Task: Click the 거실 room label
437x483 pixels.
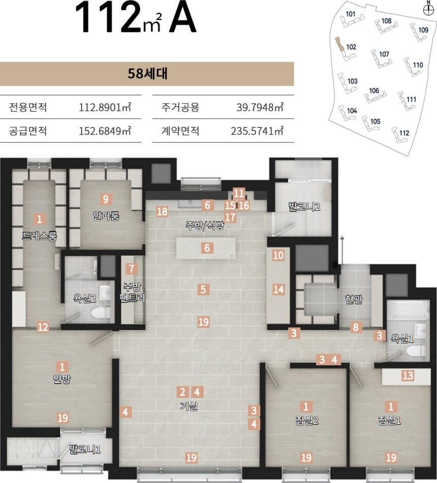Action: (x=189, y=406)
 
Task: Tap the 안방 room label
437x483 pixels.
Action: (x=62, y=379)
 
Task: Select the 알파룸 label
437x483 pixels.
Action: (x=106, y=216)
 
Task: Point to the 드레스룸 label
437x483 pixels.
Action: (x=39, y=236)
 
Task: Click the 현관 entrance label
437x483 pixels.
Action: (x=354, y=299)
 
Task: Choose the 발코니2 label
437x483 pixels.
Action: (x=304, y=206)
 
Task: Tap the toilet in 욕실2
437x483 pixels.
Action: (x=101, y=312)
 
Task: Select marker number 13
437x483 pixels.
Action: (x=408, y=376)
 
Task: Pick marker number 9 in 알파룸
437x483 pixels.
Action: (x=106, y=199)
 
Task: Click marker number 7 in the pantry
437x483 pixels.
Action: (x=132, y=269)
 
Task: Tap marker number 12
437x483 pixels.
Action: (x=43, y=327)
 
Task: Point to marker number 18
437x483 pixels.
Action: (x=162, y=211)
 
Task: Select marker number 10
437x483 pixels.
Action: (x=278, y=255)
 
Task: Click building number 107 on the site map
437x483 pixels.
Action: (x=384, y=54)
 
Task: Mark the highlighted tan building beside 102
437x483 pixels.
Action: (x=339, y=44)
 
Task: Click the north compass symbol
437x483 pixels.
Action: (x=428, y=10)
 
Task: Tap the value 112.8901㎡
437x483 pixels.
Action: (x=105, y=107)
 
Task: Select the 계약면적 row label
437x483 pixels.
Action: (x=180, y=131)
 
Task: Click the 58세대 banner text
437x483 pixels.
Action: (x=147, y=74)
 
